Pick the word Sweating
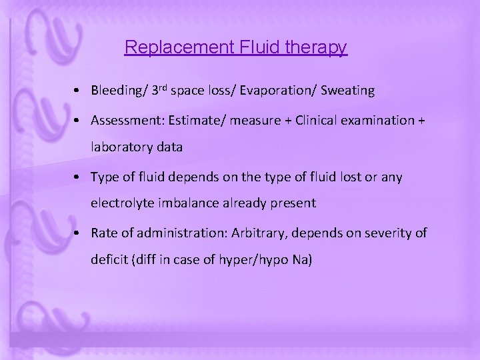point(348,90)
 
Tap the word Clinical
point(314,120)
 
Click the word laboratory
point(120,148)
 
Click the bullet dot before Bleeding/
point(79,91)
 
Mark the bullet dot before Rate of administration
point(79,233)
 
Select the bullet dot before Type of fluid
point(79,177)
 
